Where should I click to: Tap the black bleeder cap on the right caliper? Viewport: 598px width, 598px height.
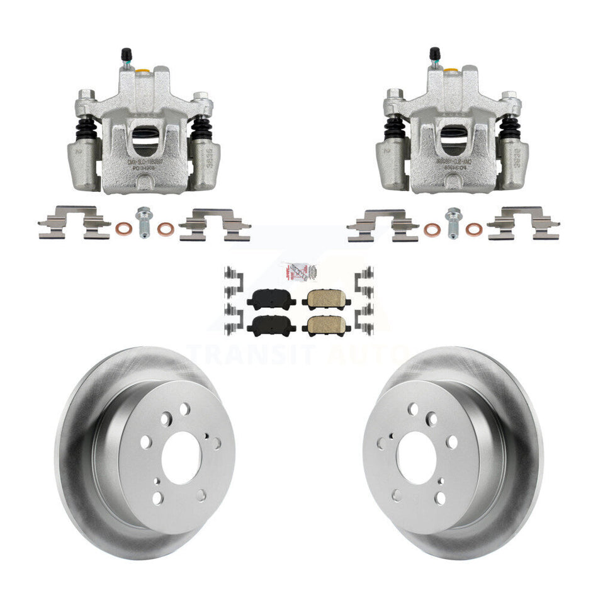click(x=434, y=53)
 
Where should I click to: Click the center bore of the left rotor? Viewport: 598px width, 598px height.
click(x=181, y=456)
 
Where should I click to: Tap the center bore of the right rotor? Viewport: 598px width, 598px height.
click(x=416, y=456)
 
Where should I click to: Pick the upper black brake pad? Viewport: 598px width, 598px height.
click(x=271, y=300)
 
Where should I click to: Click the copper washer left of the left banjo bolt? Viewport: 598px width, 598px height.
click(x=123, y=227)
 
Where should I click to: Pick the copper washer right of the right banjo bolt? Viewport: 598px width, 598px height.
click(x=473, y=228)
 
